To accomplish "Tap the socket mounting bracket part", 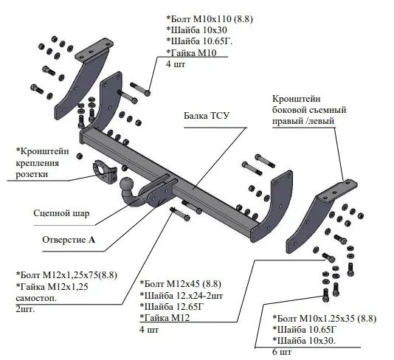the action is coord(106,172).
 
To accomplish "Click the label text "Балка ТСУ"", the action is coord(207,116).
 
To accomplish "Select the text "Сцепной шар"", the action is coord(61,213).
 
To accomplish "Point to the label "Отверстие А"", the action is coord(69,240).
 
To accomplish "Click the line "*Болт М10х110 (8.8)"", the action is coord(210,19).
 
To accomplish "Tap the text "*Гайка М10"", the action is coord(191,53).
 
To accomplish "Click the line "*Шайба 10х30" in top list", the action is coord(196,30).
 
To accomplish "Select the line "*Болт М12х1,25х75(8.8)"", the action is coord(66,275).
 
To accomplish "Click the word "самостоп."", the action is coord(36,299).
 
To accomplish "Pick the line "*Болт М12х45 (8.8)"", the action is coord(181,284).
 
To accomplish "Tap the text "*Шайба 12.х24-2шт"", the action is coord(182,296).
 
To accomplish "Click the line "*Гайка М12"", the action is coord(165,318).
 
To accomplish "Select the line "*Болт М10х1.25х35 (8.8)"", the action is coord(325,319).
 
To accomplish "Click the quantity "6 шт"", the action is coord(282,352).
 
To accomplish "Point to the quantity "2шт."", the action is coord(25,309).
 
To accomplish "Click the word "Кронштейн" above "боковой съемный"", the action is coord(297,99).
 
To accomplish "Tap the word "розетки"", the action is coord(32,174).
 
